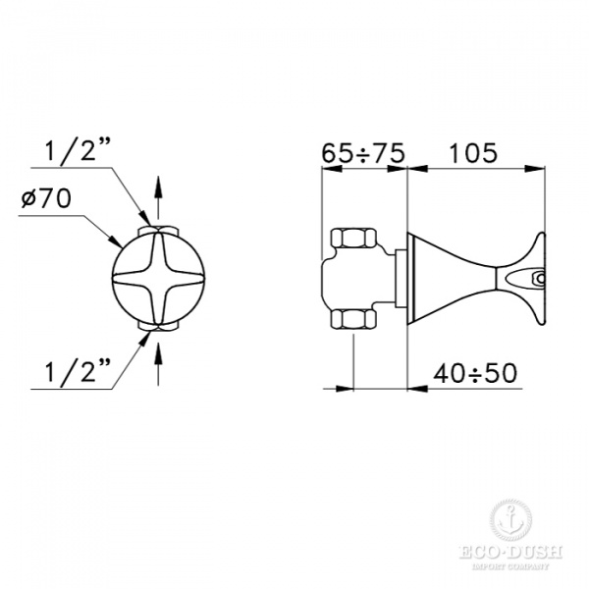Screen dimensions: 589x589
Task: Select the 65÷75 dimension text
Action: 362,153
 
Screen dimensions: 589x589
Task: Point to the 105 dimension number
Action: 474,153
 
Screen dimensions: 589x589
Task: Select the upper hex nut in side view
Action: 351,239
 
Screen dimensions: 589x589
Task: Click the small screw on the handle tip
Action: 537,279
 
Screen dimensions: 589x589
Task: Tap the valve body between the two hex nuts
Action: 359,279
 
